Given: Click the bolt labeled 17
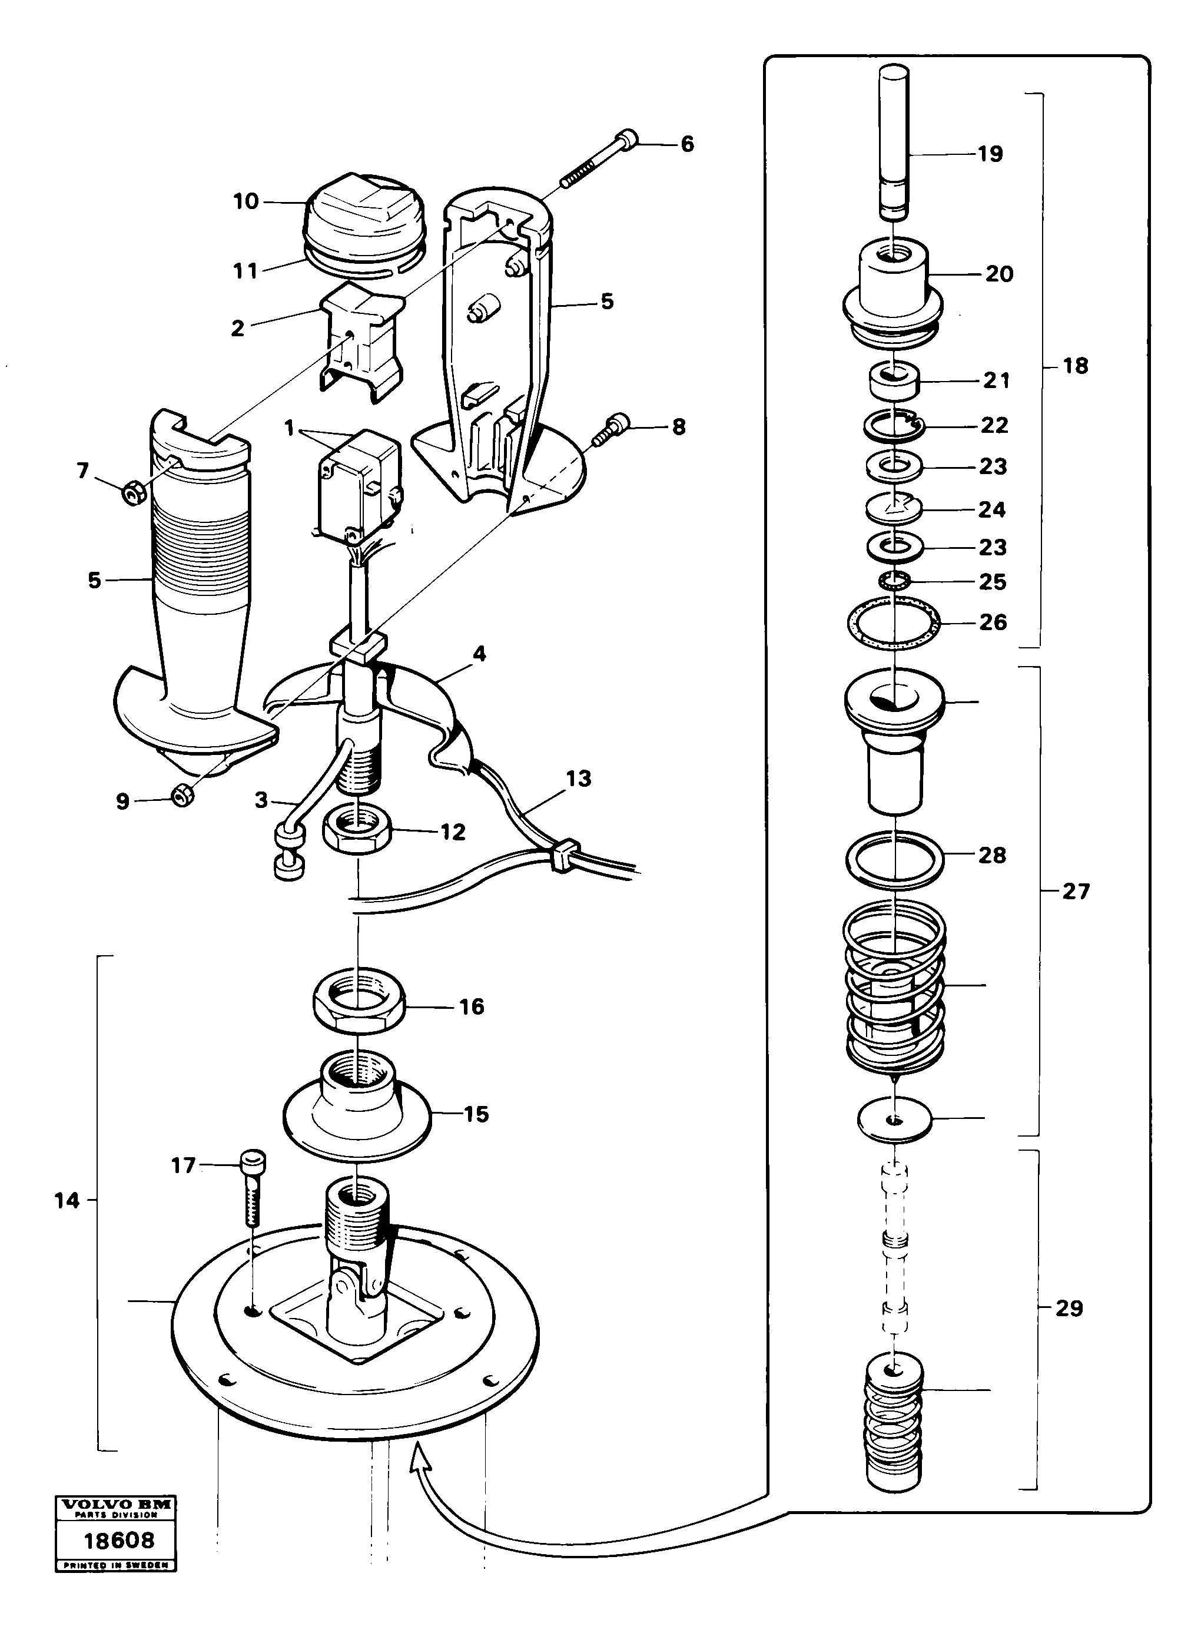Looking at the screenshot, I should click(x=251, y=1190).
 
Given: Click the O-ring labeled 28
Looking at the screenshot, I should click(x=895, y=859).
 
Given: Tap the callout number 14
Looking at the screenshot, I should click(x=67, y=1200).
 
